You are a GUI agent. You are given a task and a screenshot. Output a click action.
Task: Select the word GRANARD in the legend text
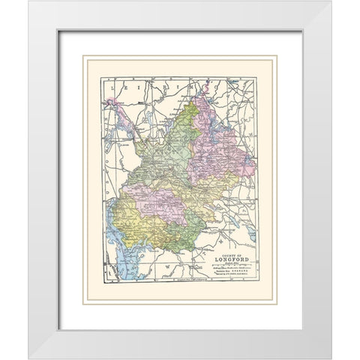coord(235,273)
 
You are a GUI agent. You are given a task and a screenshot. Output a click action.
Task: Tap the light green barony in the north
coord(169,150)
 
